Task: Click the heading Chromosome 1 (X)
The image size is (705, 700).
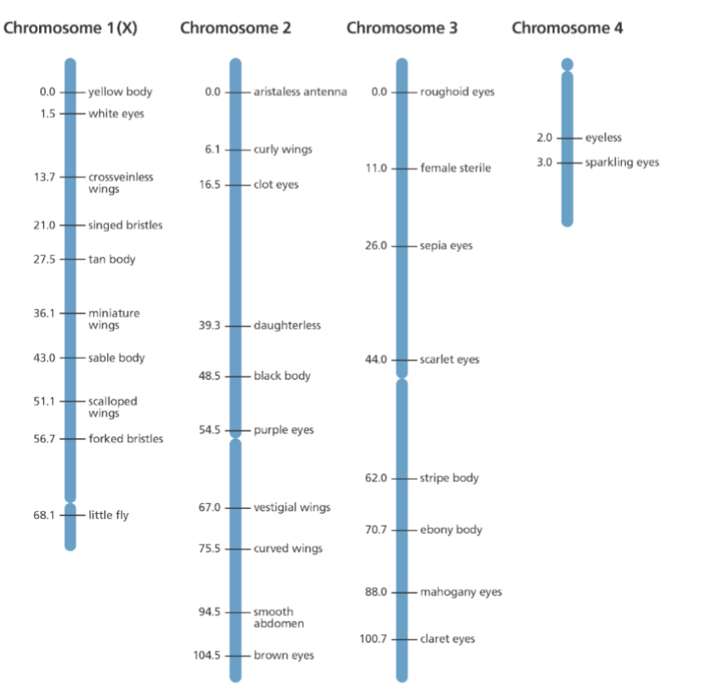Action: (71, 28)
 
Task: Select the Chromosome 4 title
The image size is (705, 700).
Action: (567, 28)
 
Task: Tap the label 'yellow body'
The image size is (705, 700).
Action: (120, 92)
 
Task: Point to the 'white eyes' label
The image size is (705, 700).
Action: (116, 114)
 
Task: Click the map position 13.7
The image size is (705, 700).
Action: (45, 177)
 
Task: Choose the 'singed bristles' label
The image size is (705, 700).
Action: (125, 225)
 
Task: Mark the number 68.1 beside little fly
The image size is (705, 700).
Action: (45, 515)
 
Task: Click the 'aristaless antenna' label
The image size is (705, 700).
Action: (300, 92)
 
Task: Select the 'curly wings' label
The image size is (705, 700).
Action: (282, 150)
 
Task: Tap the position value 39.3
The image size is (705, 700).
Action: (209, 326)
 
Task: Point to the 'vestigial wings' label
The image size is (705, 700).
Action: (291, 508)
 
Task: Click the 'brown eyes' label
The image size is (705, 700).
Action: (283, 656)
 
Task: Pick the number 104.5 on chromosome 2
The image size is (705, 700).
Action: (207, 656)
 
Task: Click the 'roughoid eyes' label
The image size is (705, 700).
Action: (457, 92)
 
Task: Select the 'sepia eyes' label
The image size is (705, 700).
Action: (446, 246)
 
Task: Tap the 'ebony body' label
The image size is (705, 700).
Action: (451, 530)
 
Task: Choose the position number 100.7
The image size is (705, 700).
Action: (374, 639)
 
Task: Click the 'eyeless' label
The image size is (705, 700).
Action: (603, 138)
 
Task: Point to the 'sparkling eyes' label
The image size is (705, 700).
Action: (621, 162)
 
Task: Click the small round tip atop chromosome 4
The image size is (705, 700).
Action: (567, 64)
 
